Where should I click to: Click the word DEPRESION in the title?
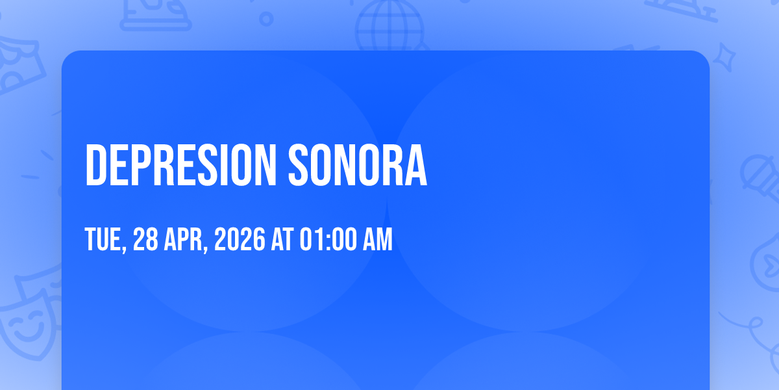point(181,165)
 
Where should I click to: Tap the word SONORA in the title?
point(358,165)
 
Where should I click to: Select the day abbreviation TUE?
point(103,239)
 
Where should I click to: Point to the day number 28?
point(145,239)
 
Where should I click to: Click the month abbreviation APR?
point(183,239)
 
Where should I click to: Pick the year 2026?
point(240,239)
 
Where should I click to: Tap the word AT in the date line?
point(282,239)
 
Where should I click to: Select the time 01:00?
point(328,239)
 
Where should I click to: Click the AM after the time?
point(378,239)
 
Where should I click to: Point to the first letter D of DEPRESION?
point(95,165)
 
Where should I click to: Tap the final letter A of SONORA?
point(416,165)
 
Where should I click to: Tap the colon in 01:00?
point(328,240)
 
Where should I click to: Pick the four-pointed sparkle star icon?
point(724,57)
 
